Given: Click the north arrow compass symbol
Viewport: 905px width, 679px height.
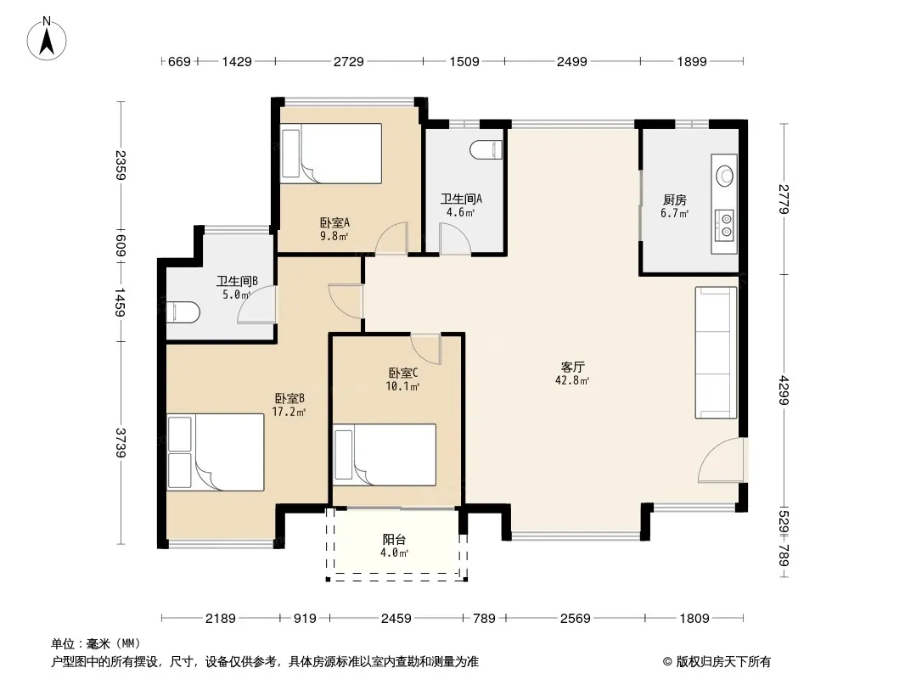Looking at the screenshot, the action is (47, 38).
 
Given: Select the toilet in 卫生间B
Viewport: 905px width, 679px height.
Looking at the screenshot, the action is (183, 312).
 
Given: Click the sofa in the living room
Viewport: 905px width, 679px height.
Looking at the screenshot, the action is (717, 352).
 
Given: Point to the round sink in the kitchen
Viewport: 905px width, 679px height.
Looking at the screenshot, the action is (724, 175).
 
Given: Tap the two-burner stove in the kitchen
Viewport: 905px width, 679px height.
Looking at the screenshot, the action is (725, 226).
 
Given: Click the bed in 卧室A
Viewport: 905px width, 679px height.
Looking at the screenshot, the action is (331, 154).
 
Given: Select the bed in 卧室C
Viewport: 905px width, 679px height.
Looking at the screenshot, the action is (385, 455).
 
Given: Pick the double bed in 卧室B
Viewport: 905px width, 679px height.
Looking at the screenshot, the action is (216, 452).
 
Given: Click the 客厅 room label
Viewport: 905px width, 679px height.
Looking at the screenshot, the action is (572, 367).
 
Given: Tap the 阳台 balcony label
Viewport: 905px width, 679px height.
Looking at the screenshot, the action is (394, 540).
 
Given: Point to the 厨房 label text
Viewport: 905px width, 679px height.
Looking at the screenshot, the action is (675, 200).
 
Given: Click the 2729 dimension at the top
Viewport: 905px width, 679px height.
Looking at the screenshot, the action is (349, 61).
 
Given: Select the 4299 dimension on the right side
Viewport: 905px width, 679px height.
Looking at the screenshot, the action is (784, 390).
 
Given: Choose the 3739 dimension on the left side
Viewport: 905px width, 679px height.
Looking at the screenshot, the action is (120, 442).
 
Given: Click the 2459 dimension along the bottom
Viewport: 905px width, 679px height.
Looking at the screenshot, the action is (396, 619).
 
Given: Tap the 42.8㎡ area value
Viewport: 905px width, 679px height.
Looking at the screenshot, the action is (572, 381).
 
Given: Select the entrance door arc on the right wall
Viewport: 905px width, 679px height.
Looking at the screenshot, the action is (721, 460).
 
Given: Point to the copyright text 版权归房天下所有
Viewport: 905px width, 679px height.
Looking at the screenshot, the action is (723, 662).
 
